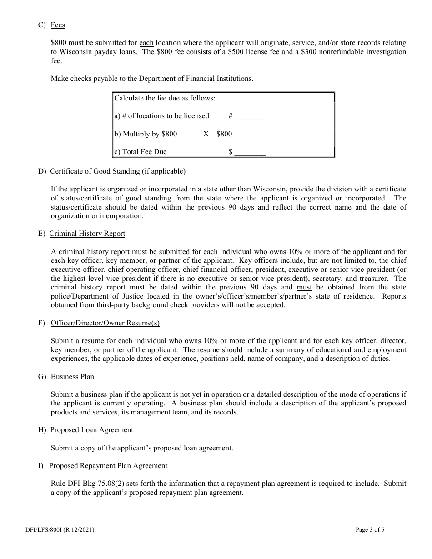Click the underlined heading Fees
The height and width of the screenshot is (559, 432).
tap(58, 25)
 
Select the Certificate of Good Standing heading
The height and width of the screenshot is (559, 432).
tap(118, 171)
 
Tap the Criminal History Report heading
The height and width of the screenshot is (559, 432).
tap(87, 234)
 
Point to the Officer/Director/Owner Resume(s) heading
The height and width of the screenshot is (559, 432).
tap(105, 323)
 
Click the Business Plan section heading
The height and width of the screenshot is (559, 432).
tap(72, 377)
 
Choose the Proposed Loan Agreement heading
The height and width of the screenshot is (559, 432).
tap(91, 430)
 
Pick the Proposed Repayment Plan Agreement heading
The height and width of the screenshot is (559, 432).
tap(108, 466)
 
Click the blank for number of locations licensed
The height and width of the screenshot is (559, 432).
tap(250, 116)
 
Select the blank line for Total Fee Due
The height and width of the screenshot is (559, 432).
tap(250, 152)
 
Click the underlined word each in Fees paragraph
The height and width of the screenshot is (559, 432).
tap(146, 43)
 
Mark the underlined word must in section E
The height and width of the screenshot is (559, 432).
tap(304, 287)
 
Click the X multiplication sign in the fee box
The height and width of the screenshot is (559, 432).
tap(206, 134)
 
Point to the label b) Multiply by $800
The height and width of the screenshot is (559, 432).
tap(146, 134)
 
